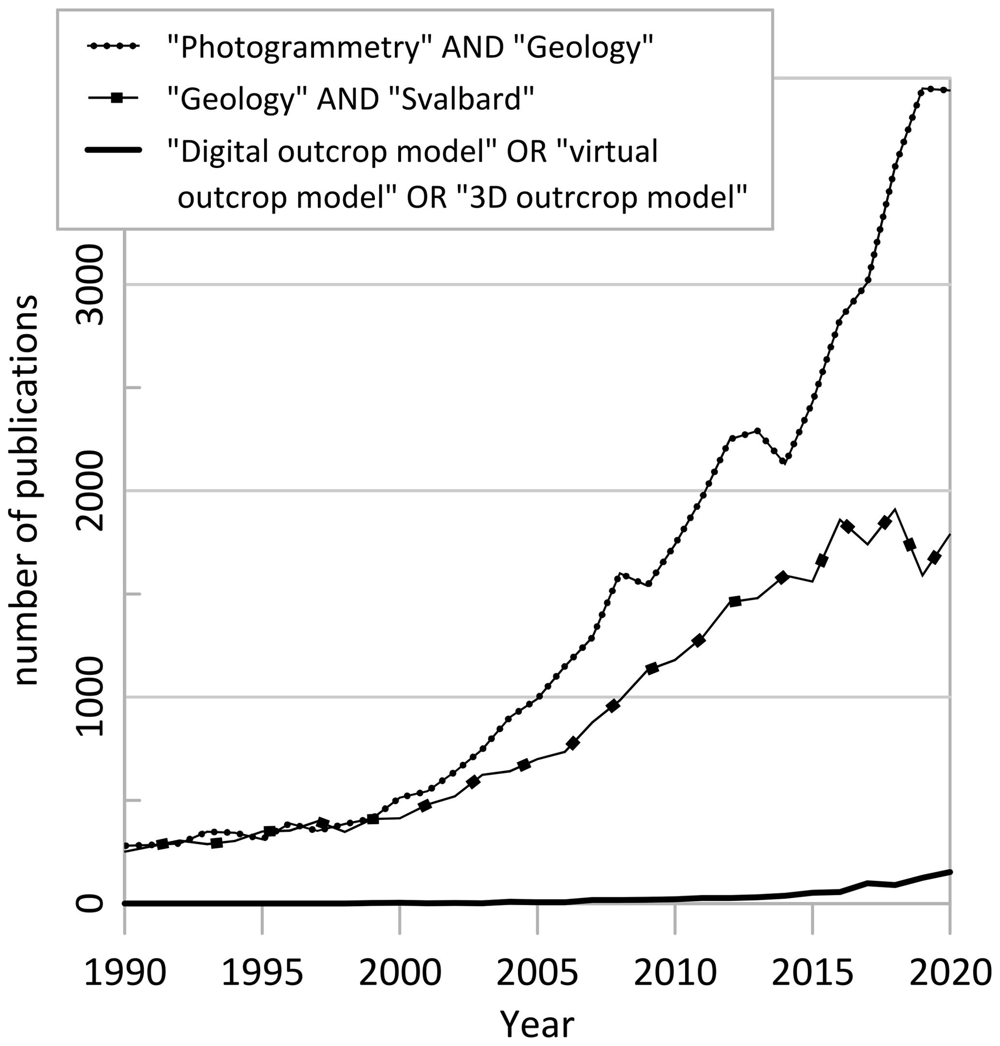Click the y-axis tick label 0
pos(89,904)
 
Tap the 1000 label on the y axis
pos(89,697)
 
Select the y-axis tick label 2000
pos(89,490)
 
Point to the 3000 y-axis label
pos(89,284)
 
